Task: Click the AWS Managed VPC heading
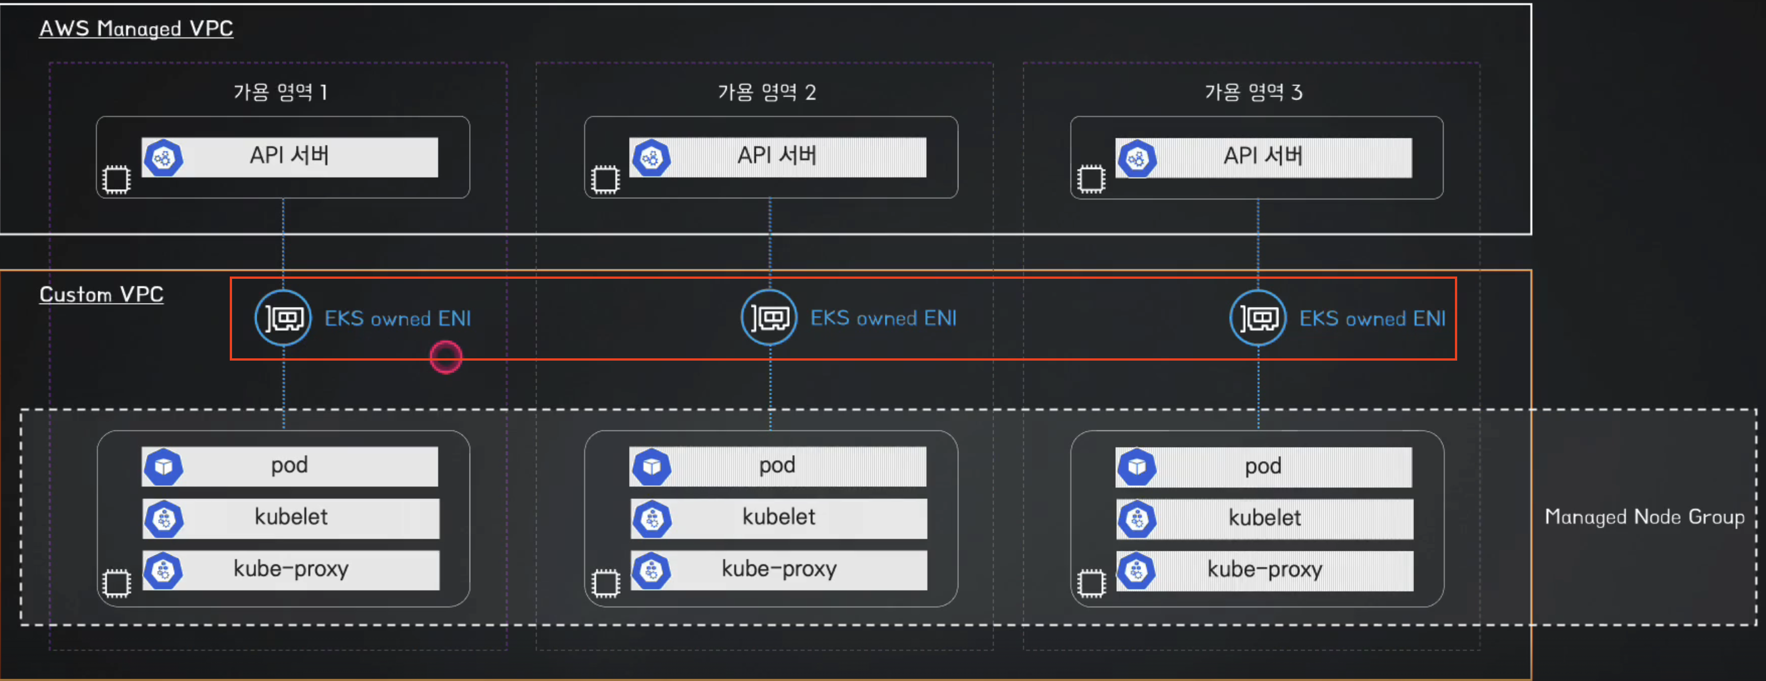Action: pos(136,29)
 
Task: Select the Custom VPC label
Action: pos(101,295)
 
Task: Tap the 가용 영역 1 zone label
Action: pos(280,92)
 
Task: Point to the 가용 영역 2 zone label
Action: pos(767,92)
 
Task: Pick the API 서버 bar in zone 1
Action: pos(289,157)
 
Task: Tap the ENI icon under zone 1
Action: pos(283,318)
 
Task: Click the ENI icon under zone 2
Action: pos(769,318)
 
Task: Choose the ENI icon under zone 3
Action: pos(1258,318)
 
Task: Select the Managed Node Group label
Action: pos(1644,516)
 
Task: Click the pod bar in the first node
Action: pos(289,466)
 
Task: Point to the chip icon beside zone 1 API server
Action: pos(116,180)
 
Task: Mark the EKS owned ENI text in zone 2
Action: pos(883,318)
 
